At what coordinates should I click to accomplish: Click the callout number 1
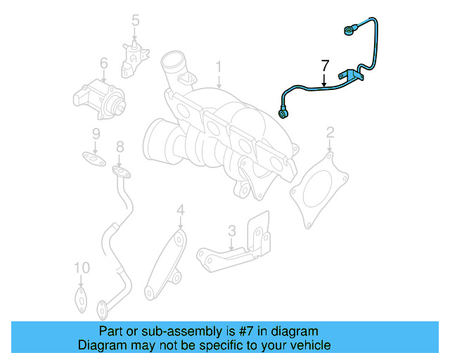[219, 67]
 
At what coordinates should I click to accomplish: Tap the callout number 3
[231, 230]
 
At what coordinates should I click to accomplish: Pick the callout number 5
[136, 21]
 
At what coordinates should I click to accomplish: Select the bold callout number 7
[324, 67]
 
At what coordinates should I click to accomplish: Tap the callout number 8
[120, 147]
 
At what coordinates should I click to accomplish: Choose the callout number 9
[96, 134]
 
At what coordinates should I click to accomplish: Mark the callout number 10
[82, 268]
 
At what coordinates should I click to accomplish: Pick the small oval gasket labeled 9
[90, 156]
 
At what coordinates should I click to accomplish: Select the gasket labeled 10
[81, 298]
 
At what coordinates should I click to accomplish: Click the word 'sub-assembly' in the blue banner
[169, 331]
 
